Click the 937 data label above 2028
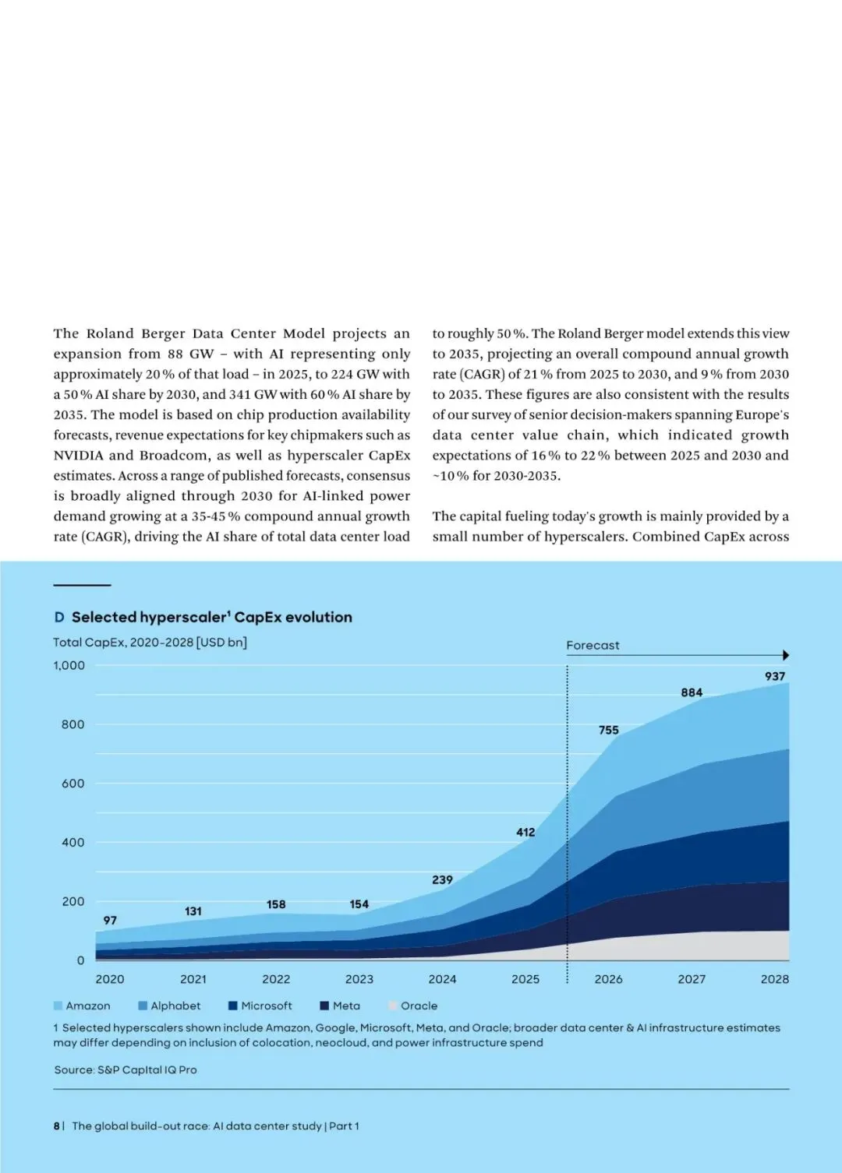[774, 676]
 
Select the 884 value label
[692, 692]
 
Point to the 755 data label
[609, 730]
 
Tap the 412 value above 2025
[525, 832]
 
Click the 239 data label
[442, 880]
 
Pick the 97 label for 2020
[110, 920]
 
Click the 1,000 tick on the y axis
[69, 666]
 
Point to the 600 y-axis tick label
[73, 784]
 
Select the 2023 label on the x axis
[359, 979]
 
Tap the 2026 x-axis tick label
[608, 979]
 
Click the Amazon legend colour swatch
[58, 1006]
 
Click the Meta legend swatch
[324, 1006]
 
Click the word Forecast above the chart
[593, 645]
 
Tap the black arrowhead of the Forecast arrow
[786, 655]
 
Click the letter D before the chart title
[59, 617]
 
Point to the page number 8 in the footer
[56, 1125]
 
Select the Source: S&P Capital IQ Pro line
[126, 1070]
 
